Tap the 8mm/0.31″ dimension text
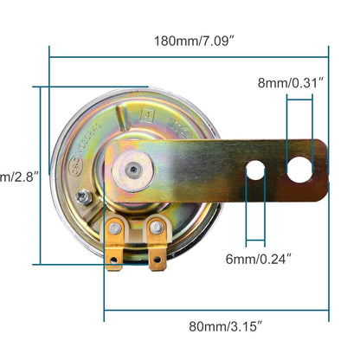click(291, 83)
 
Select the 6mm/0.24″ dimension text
click(270, 257)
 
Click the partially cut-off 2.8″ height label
click(14, 177)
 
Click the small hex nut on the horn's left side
click(83, 198)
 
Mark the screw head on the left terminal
click(114, 228)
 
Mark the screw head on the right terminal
click(156, 228)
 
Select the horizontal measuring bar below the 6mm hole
click(256, 241)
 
